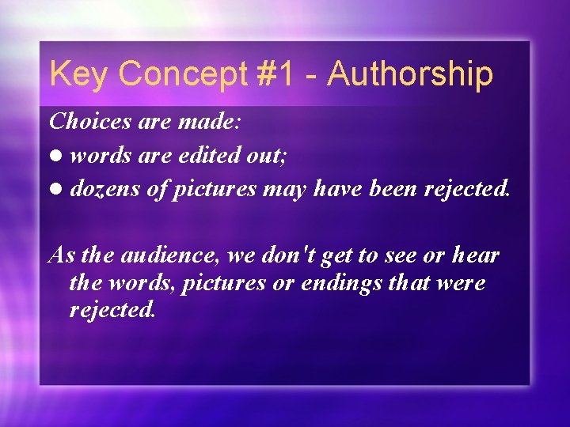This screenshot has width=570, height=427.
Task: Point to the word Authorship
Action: tap(410, 74)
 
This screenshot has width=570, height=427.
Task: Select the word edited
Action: tap(206, 156)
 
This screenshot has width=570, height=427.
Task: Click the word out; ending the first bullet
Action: tap(268, 156)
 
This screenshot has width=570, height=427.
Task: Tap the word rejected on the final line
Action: tap(112, 310)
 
